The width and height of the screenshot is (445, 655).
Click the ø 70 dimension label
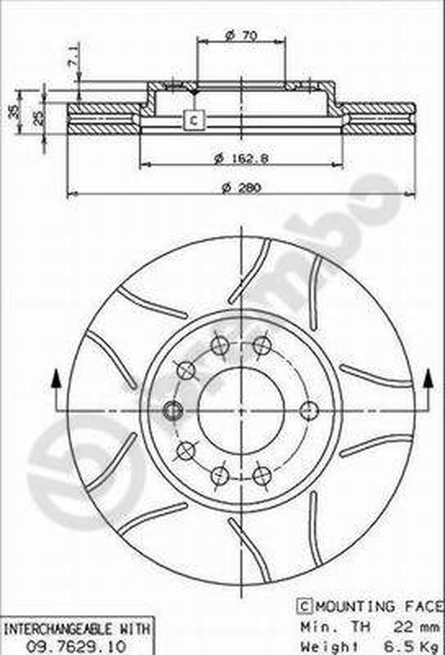pyautogui.click(x=241, y=35)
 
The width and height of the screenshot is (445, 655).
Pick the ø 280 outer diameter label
pyautogui.click(x=241, y=187)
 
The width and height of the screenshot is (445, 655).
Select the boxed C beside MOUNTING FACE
pyautogui.click(x=303, y=607)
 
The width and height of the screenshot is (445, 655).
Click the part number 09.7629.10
pyautogui.click(x=76, y=644)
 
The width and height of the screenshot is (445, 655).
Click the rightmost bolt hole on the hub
pyautogui.click(x=309, y=410)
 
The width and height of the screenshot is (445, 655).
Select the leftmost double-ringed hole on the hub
pyautogui.click(x=173, y=410)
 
